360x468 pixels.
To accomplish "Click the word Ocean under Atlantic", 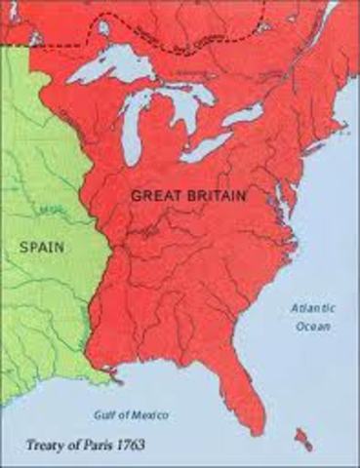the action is coord(312,326).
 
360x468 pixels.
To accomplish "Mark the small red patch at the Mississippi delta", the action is coord(115,372).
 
